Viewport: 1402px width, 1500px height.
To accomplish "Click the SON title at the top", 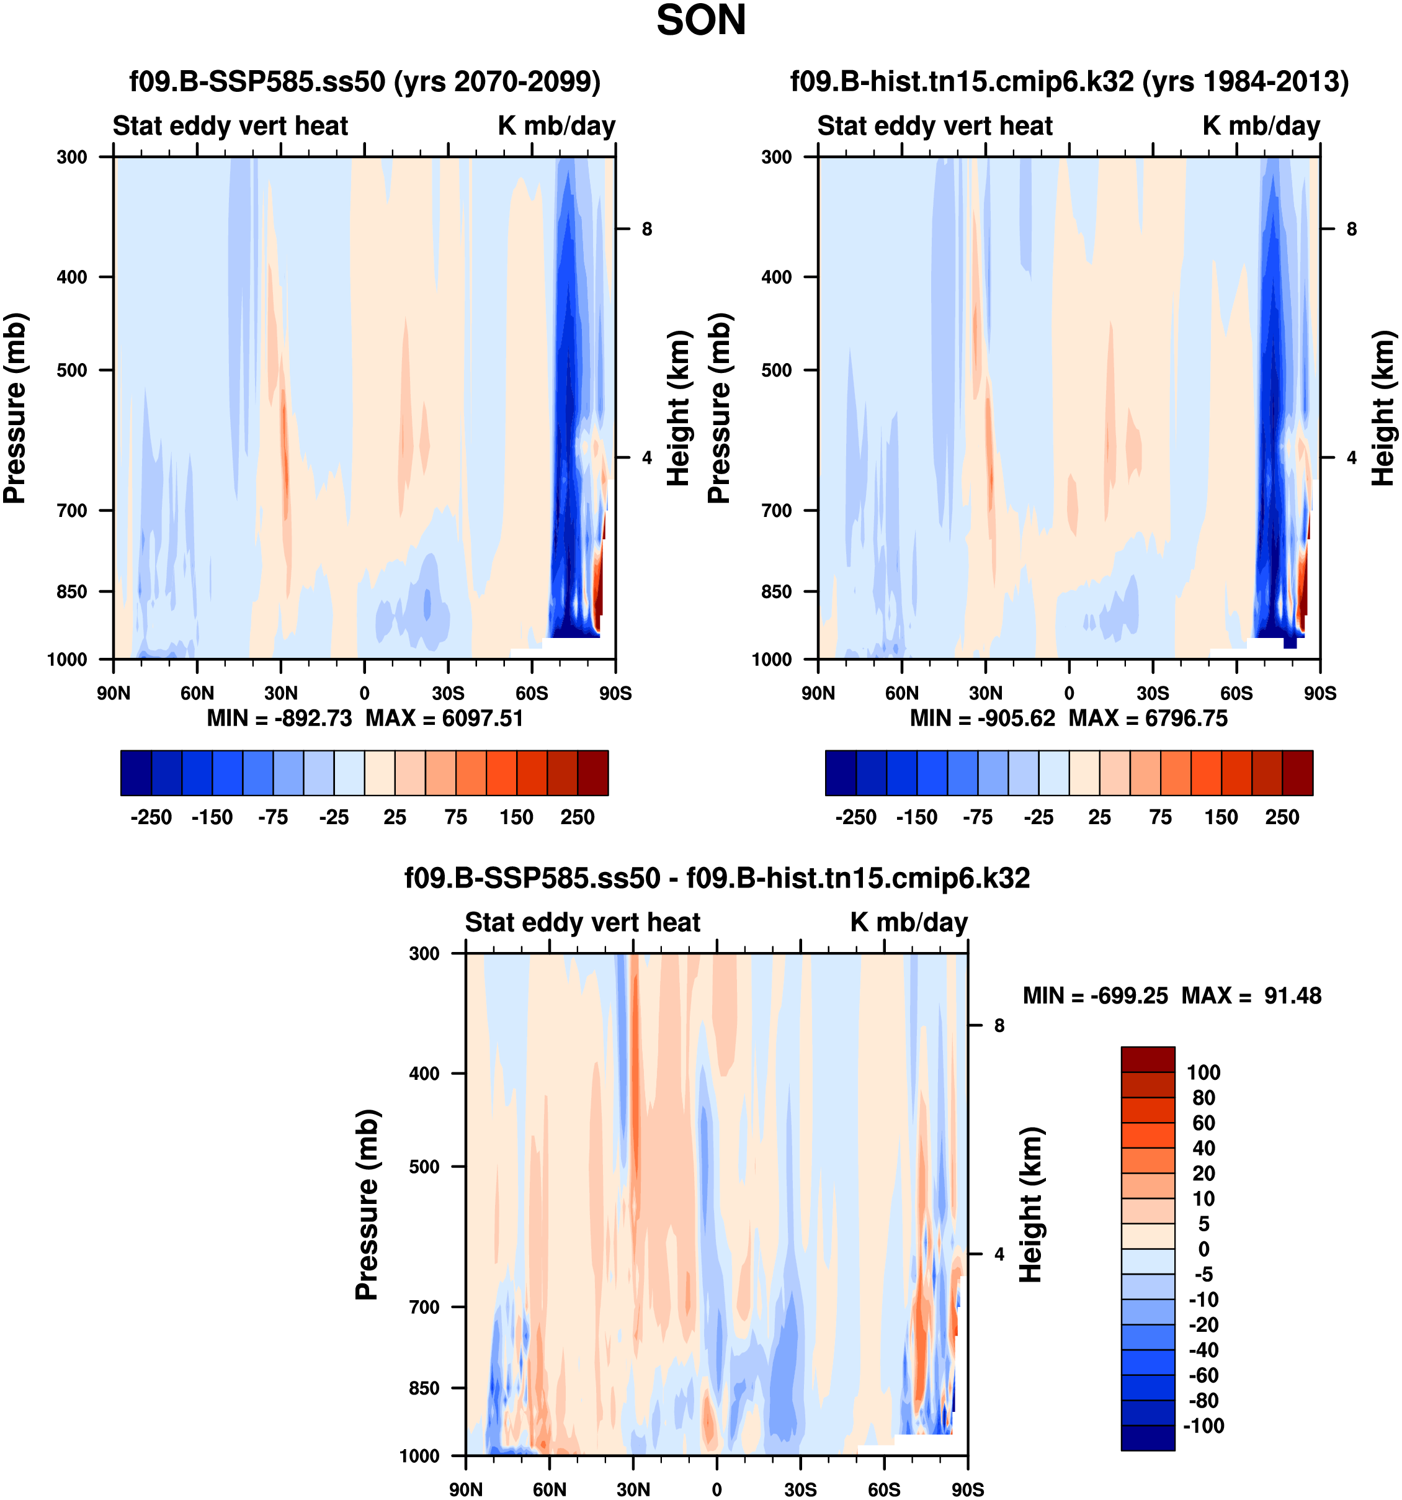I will [700, 20].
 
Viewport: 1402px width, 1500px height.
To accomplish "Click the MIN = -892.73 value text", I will [279, 717].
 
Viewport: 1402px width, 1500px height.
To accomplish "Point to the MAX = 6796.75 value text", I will [1148, 717].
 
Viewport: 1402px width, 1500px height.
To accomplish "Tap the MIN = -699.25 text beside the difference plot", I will [1095, 996].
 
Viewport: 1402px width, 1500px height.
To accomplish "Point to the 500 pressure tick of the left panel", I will [73, 370].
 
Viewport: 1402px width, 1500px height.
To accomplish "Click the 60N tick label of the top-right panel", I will [902, 693].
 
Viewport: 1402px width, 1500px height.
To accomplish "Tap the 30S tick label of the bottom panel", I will [800, 1489].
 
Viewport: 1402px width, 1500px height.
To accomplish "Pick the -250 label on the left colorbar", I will [151, 817].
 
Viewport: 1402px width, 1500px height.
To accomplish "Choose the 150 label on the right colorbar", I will [1221, 817].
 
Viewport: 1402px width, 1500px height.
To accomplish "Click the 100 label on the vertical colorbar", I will [1203, 1072].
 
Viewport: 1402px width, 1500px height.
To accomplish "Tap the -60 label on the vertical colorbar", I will [1203, 1375].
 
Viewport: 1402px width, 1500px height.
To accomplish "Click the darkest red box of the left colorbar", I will [593, 773].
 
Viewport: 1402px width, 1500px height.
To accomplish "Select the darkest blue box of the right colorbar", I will [841, 773].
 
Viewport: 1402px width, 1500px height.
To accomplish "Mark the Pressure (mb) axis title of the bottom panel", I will [367, 1204].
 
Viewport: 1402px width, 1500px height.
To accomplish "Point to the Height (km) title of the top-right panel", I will [1382, 408].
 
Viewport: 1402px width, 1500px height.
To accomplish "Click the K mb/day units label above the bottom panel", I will [909, 922].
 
